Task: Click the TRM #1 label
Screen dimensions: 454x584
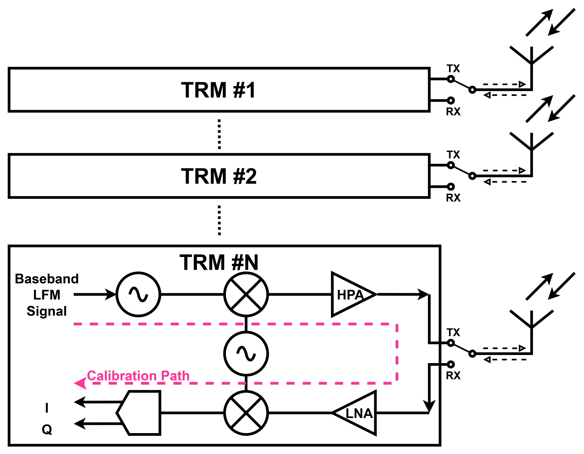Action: coord(218,90)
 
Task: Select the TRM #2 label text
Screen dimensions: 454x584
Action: coord(219,176)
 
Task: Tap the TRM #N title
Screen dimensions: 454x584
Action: coord(219,263)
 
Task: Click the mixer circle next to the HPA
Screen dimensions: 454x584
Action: coord(246,295)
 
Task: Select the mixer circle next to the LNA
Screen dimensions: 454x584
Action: coord(246,413)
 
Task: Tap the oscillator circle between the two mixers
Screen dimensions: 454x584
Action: coord(246,354)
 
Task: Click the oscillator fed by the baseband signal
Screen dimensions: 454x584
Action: coord(138,295)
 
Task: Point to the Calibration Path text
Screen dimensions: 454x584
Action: coord(138,376)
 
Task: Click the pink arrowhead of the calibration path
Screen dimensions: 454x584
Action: coord(80,383)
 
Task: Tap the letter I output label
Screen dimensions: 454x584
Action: coord(47,408)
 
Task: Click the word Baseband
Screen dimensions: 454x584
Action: coord(47,279)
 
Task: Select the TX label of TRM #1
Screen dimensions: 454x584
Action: coord(453,69)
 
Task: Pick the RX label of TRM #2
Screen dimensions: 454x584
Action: coord(453,198)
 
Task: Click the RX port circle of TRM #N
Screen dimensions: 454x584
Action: coord(451,364)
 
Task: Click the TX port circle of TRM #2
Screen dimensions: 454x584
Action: coord(451,165)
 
